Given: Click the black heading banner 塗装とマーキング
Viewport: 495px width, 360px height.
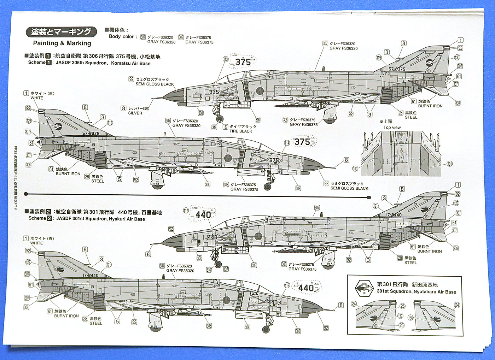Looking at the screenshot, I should (x=61, y=32).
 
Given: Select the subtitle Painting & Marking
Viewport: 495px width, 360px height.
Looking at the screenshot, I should (x=62, y=43).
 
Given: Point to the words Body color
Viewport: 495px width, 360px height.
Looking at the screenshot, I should (x=121, y=36).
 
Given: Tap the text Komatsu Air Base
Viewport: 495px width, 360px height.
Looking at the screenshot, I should (x=130, y=64).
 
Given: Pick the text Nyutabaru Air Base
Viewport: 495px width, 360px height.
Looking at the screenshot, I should (x=434, y=292).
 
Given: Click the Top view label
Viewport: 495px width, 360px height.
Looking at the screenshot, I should (x=392, y=128).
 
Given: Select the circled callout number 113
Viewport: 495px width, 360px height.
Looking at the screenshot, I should (x=226, y=59).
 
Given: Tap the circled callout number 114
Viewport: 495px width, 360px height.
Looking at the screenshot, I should (x=287, y=143).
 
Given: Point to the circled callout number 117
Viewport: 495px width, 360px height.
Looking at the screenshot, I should (x=186, y=210).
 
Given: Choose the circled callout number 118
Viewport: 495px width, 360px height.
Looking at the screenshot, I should (x=287, y=285).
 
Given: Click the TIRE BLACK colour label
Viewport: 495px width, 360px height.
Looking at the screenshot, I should (x=241, y=131).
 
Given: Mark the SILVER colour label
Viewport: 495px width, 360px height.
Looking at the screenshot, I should (x=135, y=113).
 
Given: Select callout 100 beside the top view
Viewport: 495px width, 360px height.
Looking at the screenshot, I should (x=355, y=169).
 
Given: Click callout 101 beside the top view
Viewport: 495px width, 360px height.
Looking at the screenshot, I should (x=450, y=164).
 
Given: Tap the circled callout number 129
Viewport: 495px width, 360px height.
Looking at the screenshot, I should (x=29, y=121).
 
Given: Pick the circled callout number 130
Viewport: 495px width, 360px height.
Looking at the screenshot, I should (x=457, y=57).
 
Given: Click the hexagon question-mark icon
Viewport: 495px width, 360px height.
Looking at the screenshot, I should (x=364, y=288).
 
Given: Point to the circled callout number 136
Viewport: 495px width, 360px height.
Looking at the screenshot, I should (x=410, y=318).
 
